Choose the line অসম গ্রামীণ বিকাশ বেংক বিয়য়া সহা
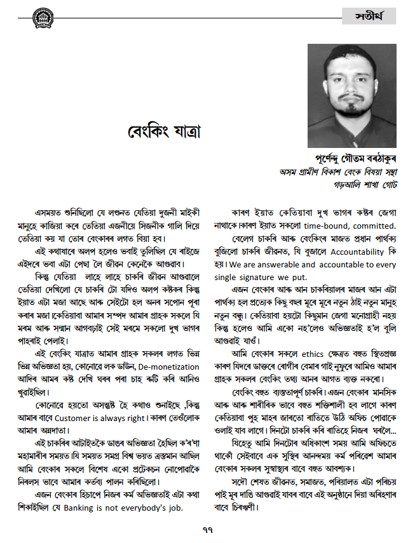click(337, 172)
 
